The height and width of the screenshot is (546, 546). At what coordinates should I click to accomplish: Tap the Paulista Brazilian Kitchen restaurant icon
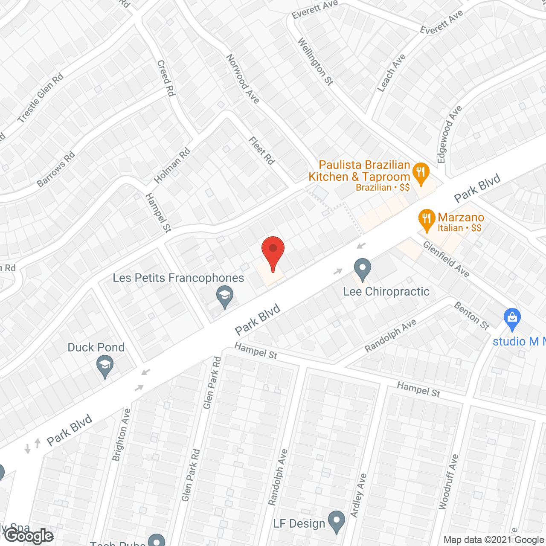pos(421,173)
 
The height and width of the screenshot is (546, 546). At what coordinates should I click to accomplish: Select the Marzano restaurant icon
pos(426,219)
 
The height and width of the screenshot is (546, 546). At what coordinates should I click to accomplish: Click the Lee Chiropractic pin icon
pos(362,269)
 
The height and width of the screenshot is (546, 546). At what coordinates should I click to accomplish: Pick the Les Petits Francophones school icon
pos(224,296)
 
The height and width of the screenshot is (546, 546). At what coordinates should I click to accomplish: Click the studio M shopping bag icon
pos(512,319)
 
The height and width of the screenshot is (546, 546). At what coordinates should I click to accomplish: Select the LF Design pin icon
pos(337,521)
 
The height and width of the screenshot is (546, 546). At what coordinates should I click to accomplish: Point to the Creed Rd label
pos(166,78)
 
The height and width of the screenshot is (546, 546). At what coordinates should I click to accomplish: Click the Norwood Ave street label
pos(242,79)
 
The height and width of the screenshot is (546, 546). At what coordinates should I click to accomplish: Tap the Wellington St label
pos(315,61)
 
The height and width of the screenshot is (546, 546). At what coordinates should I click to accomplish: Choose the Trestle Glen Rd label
pos(41,98)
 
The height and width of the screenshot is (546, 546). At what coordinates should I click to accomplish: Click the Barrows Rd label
pos(56,169)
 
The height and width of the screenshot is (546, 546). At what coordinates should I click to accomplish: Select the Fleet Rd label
pos(261,151)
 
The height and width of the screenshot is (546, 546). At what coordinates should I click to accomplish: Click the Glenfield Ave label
pos(446,259)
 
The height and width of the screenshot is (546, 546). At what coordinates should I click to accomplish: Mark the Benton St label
pos(471,316)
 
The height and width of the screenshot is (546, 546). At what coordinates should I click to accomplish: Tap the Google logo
pos(29,536)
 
